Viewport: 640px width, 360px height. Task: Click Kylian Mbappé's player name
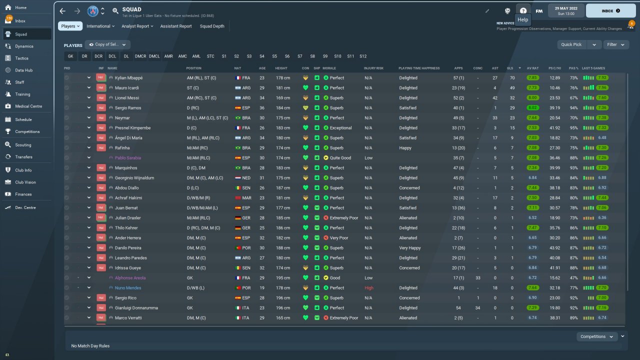tap(128, 78)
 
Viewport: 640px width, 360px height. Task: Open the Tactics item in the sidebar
tap(21, 58)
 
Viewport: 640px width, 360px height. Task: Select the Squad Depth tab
tap(212, 26)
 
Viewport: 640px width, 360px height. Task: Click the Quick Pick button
tap(571, 44)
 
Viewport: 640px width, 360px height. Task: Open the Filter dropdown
tap(615, 44)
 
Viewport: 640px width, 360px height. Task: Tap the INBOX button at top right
tap(610, 10)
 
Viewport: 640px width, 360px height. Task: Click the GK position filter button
tap(70, 56)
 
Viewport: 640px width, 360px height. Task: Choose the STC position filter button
tap(210, 56)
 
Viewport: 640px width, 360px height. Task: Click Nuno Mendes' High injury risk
tap(369, 288)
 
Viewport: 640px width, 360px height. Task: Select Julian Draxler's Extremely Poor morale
tap(343, 218)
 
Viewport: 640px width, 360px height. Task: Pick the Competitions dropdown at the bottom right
tap(596, 336)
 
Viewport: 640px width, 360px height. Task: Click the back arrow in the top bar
tap(62, 10)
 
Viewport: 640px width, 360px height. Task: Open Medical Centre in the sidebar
tap(28, 106)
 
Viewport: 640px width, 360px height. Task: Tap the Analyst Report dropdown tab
tap(137, 26)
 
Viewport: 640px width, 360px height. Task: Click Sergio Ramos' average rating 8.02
tap(532, 108)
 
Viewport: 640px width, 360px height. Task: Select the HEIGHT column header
tap(281, 68)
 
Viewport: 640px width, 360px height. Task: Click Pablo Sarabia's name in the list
tap(128, 158)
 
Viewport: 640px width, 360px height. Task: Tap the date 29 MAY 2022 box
tap(566, 10)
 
